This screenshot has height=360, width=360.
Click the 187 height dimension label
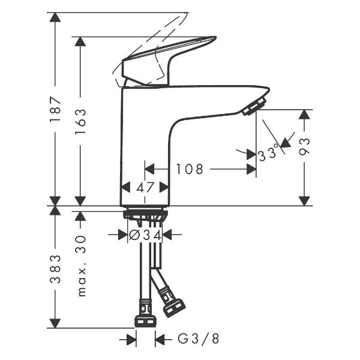click(55, 110)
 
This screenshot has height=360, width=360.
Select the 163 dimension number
click(80, 121)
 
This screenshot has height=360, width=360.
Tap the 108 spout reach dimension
click(190, 169)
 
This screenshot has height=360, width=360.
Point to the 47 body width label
click(145, 187)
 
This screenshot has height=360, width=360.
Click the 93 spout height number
click(304, 147)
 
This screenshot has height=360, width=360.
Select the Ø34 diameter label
click(145, 235)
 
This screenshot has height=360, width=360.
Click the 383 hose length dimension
click(55, 269)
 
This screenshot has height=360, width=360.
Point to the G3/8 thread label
click(199, 338)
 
